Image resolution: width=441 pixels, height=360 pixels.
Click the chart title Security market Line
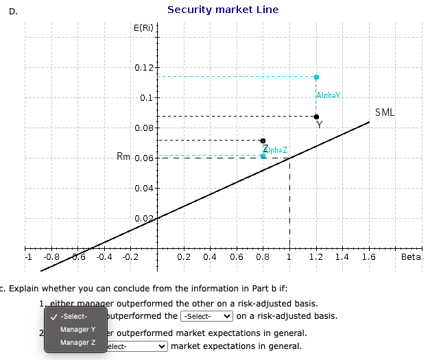point(223,10)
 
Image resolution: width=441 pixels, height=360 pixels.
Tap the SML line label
point(385,112)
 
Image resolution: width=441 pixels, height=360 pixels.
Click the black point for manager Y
point(316,117)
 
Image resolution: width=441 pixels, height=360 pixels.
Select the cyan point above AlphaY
point(316,77)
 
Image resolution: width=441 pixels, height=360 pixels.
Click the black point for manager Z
point(263,141)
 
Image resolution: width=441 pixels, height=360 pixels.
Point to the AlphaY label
point(329,95)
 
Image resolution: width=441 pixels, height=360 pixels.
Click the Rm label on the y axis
point(123,157)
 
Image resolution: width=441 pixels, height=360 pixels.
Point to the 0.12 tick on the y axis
point(144,67)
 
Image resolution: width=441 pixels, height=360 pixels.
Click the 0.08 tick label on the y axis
point(144,128)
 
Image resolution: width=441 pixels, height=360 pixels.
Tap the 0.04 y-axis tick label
point(144,188)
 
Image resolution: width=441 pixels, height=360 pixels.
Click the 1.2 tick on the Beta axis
point(316,258)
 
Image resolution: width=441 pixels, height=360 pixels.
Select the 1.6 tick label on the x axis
point(368,258)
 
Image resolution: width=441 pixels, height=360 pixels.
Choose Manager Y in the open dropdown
point(78,329)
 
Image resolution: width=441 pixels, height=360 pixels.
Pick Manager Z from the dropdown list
point(78,342)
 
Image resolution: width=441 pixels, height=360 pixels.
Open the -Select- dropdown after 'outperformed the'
point(206,316)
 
